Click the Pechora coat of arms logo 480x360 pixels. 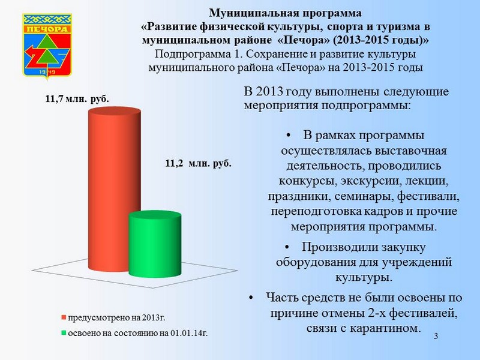point(47,46)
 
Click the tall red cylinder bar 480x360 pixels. point(115,189)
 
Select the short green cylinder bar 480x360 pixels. point(155,244)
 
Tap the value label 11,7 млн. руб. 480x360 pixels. point(77,99)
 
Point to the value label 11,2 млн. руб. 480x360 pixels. point(199,163)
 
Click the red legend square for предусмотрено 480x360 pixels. point(64,317)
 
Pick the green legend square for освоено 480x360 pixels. point(64,333)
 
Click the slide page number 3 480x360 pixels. point(436,336)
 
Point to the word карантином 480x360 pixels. point(385,328)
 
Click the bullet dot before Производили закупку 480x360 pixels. point(287,247)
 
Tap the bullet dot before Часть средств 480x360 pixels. point(251,298)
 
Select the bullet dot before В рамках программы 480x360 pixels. point(288,136)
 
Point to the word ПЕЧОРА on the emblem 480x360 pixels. point(47,29)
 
